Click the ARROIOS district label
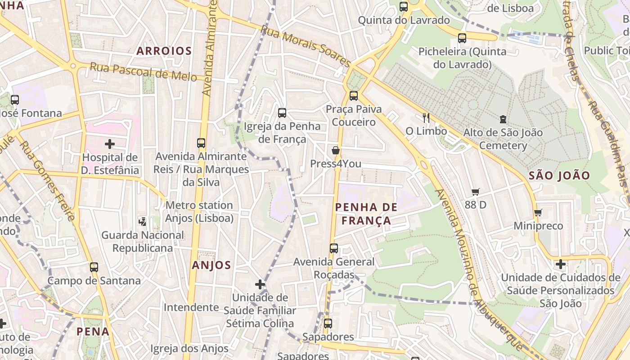tap(164, 51)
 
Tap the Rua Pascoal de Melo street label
tap(143, 72)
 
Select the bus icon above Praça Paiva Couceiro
tap(354, 95)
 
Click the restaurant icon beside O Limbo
tap(426, 118)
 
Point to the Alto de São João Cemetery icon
tap(503, 119)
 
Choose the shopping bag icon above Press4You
tap(335, 150)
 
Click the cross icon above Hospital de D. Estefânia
tap(110, 144)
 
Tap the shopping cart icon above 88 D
tap(476, 192)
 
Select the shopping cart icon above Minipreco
tap(538, 212)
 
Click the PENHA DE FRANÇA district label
tap(366, 214)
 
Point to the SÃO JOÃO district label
tap(559, 175)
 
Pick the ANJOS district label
tap(211, 265)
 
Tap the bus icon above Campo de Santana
tap(94, 267)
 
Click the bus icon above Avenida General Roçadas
tap(333, 248)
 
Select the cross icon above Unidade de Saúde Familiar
tap(260, 284)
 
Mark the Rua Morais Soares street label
tap(306, 46)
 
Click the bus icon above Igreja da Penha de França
tap(282, 112)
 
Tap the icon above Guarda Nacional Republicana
tap(142, 221)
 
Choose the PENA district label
tap(93, 332)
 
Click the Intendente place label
tap(191, 307)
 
